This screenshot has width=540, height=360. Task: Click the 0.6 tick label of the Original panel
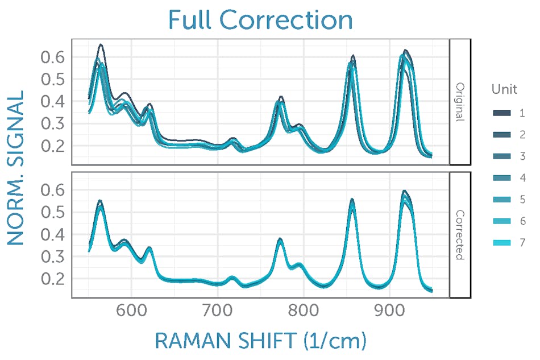[52, 57]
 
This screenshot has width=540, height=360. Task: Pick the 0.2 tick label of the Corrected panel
[52, 279]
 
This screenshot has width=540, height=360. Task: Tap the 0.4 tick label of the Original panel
[52, 101]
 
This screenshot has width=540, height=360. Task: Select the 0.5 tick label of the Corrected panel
[52, 212]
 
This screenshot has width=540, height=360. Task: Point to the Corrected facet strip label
[460, 235]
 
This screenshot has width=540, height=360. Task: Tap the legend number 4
[522, 178]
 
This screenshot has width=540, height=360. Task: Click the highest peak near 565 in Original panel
[101, 44]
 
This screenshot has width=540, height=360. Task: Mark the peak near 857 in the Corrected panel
[352, 200]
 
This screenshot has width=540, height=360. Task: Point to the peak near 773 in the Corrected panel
[280, 239]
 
